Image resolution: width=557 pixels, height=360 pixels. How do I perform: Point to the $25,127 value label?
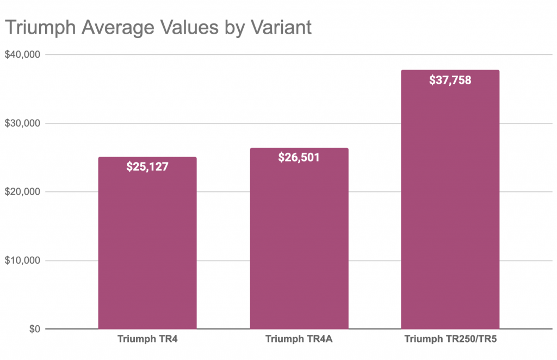point(147,166)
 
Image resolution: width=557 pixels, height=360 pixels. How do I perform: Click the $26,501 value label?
point(299,157)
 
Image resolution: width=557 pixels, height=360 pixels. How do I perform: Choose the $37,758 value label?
point(450,80)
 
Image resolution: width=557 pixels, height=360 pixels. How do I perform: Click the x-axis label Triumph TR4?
point(147,340)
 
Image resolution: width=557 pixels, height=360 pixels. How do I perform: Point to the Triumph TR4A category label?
point(299,340)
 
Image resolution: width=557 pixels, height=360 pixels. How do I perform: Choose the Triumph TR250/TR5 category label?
point(450,340)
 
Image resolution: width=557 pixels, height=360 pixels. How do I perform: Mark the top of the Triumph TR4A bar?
point(299,148)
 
